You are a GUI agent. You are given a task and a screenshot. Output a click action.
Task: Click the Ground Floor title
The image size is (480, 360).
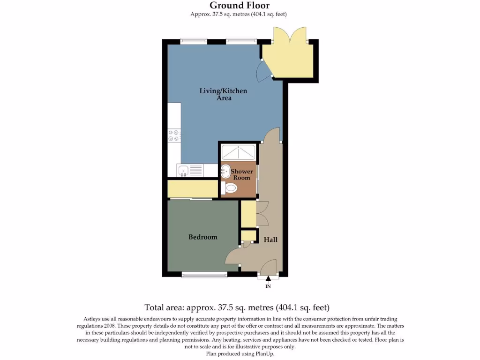[240, 6]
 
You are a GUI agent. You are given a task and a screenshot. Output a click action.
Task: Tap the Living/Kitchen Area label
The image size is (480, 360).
[223, 94]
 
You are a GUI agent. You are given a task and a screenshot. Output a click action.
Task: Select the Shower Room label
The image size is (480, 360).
[241, 175]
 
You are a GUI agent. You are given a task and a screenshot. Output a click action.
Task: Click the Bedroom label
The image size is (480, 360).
[202, 237]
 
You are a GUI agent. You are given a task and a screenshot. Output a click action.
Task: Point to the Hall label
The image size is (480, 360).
[270, 240]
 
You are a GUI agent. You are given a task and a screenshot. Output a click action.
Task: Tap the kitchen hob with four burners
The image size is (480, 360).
[173, 135]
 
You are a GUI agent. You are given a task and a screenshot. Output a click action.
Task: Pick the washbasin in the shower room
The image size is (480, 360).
[225, 171]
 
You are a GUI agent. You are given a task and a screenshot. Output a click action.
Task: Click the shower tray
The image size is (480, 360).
[239, 152]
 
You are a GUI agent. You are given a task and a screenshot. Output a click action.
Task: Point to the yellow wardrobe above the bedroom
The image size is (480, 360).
[193, 188]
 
